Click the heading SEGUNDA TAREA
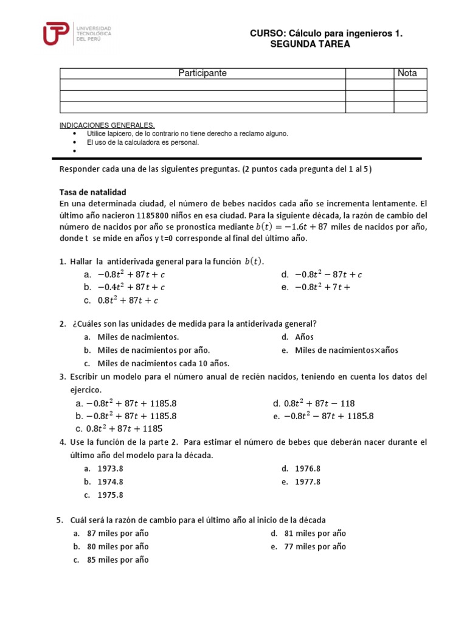[310, 44]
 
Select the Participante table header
[202, 73]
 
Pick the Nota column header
[407, 73]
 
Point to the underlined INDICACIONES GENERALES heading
[107, 125]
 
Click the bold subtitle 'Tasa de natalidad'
[93, 192]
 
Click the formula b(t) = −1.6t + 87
[291, 227]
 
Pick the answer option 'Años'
[304, 337]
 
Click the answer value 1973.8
[110, 468]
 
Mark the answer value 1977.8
[308, 482]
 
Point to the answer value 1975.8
[110, 495]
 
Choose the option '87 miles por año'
[118, 534]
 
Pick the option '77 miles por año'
[315, 546]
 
